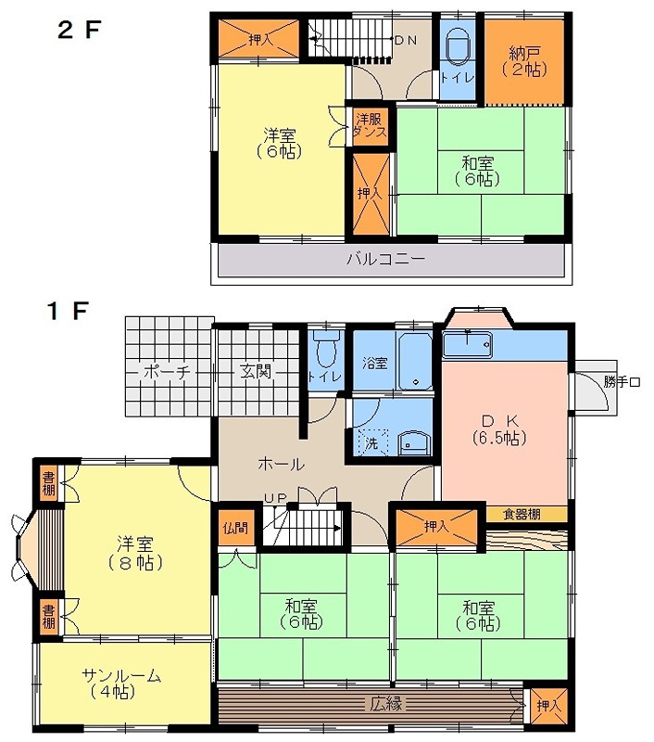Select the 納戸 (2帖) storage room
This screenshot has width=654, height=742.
tap(523, 60)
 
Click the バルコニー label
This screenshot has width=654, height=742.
tap(386, 259)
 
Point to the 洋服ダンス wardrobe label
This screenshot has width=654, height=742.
tap(370, 125)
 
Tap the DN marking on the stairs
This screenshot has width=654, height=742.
tap(405, 41)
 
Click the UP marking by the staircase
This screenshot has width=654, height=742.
tap(275, 498)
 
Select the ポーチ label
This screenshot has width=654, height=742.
tap(167, 372)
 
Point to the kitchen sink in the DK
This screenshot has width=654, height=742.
tap(467, 345)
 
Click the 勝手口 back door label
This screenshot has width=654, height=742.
tap(621, 381)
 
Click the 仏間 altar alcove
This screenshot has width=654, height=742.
tap(235, 528)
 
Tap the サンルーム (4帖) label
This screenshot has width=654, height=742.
tap(121, 683)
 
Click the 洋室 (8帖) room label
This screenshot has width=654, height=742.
tap(140, 553)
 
